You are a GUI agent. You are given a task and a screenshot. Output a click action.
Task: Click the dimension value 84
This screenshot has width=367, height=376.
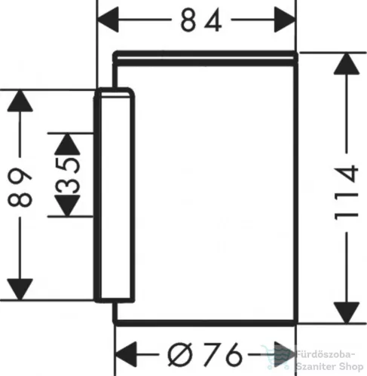(x=201, y=21)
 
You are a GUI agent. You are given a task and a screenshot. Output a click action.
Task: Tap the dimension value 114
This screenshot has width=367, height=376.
(x=347, y=193)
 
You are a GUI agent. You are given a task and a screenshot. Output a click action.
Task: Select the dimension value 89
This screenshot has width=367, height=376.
(x=20, y=187)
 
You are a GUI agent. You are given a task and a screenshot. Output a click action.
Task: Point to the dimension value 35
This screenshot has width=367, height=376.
(x=68, y=175)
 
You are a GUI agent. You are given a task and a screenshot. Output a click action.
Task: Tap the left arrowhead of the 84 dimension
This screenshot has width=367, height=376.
(x=108, y=20)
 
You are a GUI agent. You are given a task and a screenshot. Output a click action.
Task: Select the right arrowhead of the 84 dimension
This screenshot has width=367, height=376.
(x=285, y=20)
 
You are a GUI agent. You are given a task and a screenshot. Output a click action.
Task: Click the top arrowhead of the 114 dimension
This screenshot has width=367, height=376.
(x=347, y=64)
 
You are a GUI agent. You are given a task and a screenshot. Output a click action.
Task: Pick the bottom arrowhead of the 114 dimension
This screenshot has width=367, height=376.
(x=347, y=313)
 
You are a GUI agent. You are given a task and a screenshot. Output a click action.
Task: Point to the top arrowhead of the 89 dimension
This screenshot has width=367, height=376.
(x=20, y=101)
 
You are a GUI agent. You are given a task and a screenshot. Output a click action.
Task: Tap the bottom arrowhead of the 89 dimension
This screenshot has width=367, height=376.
(x=20, y=290)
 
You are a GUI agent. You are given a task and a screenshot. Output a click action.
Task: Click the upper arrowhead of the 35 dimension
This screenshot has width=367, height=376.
(x=67, y=144)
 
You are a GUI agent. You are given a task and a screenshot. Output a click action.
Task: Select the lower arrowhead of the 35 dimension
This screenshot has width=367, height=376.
(x=67, y=205)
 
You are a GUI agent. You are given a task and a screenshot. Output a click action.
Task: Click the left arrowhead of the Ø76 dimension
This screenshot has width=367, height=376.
(x=125, y=354)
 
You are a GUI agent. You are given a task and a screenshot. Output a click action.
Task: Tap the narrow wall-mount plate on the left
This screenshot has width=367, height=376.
(x=115, y=195)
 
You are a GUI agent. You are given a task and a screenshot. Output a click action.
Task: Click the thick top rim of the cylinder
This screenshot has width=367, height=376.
(x=205, y=59)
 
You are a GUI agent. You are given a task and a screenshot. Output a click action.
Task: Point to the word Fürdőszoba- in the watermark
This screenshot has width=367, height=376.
(x=326, y=355)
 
